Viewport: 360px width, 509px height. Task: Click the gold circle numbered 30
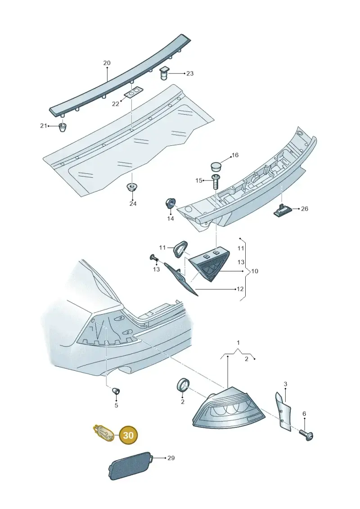[x=129, y=435]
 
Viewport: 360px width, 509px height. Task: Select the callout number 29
[x=171, y=458]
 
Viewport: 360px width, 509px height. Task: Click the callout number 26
[x=305, y=209]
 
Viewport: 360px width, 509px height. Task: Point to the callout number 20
[x=107, y=63]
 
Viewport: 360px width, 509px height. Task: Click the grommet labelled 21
[x=63, y=127]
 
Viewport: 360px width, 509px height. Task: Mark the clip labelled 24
[x=132, y=187]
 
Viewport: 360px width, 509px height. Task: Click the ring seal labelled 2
[x=182, y=385]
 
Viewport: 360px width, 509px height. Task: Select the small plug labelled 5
[x=116, y=391]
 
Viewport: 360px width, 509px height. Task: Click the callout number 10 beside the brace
[x=255, y=271]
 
